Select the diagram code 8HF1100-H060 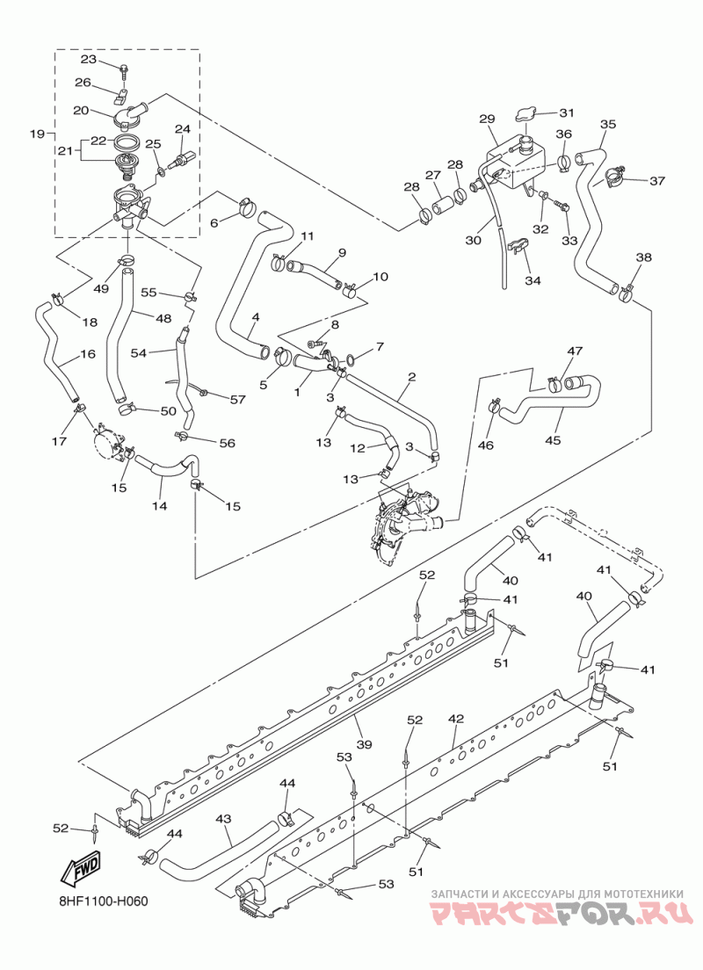(x=99, y=901)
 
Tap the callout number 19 (x=38, y=133)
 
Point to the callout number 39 (x=365, y=744)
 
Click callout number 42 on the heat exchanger (x=455, y=719)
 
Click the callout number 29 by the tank (x=488, y=118)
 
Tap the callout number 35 (x=608, y=124)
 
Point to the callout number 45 (x=553, y=440)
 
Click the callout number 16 (x=88, y=354)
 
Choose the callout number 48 (x=163, y=319)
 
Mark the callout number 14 (x=159, y=505)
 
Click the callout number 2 (x=411, y=376)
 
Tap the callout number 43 (x=223, y=819)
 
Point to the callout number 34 (x=533, y=280)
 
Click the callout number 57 (x=237, y=400)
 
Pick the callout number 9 (x=342, y=252)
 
